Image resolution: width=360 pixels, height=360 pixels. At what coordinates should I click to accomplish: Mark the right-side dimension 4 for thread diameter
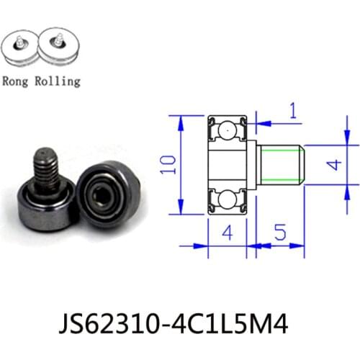tap(333, 164)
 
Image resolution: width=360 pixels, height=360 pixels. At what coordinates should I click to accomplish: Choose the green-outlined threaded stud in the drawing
tap(281, 165)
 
